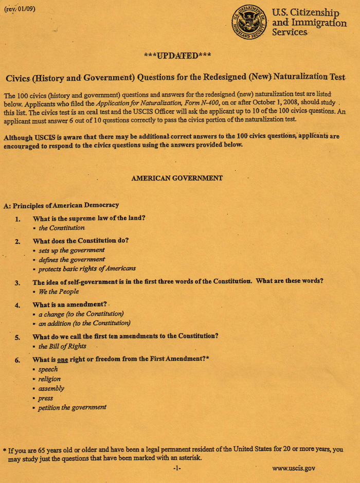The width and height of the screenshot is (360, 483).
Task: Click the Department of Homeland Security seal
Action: [249, 23]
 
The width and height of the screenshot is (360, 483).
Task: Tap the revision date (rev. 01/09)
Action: [20, 9]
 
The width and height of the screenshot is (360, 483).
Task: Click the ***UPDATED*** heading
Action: [177, 56]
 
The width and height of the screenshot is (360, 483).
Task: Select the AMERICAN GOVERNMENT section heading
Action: [177, 178]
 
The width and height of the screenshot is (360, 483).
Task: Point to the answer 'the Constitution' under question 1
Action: [62, 228]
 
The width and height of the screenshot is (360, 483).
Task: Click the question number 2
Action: [17, 241]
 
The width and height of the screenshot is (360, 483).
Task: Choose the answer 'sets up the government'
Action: [71, 251]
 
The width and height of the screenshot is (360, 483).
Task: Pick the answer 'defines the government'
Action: [71, 260]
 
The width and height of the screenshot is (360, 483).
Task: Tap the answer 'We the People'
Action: [59, 292]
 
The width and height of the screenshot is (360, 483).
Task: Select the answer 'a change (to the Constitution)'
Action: [81, 314]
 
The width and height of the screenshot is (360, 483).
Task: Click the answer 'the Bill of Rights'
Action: [62, 346]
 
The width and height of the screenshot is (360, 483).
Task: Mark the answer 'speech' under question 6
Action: [48, 369]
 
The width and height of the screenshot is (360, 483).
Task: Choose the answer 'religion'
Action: [49, 379]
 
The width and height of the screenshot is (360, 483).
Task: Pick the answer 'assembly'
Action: [51, 388]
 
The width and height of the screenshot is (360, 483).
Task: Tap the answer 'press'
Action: [46, 398]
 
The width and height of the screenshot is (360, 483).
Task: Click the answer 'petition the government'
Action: [73, 407]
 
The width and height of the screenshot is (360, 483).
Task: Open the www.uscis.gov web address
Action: [294, 469]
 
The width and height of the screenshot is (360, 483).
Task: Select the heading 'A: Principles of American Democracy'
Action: [61, 205]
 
